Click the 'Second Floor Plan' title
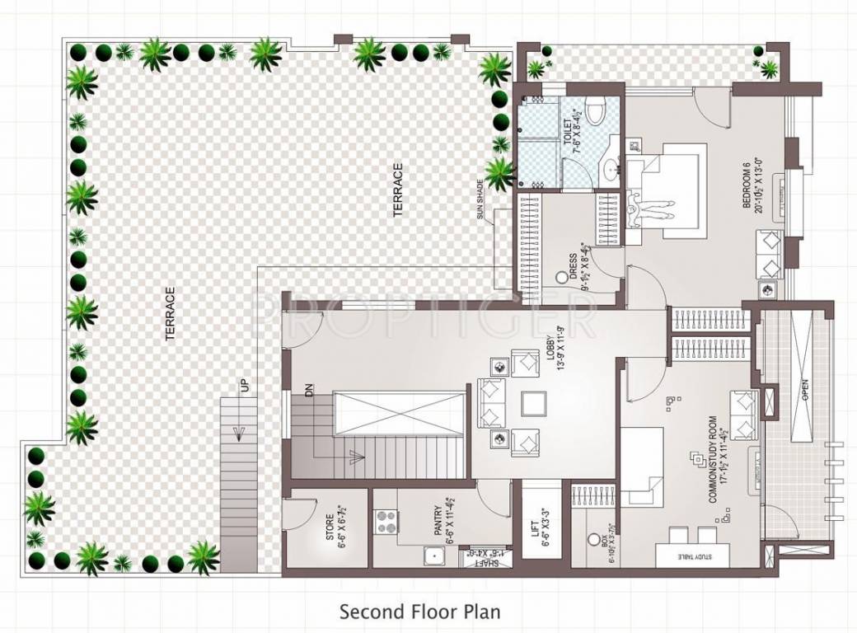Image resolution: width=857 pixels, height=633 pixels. point(420,612)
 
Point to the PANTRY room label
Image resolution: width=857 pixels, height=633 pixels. point(438,528)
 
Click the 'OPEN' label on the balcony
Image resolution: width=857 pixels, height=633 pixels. point(804,386)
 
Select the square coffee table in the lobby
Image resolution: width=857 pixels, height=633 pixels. point(533,403)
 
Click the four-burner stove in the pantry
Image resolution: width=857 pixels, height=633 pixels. point(386,523)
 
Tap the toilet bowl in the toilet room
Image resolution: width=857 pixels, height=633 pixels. point(599,107)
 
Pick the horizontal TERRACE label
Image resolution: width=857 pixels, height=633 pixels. point(398,190)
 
